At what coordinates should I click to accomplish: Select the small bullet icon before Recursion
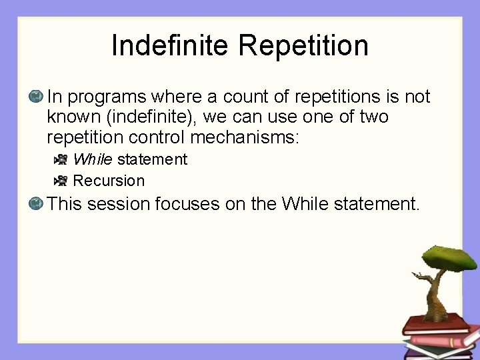point(61,181)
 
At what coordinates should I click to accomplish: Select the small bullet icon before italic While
point(61,159)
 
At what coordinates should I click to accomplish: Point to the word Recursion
point(109,181)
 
